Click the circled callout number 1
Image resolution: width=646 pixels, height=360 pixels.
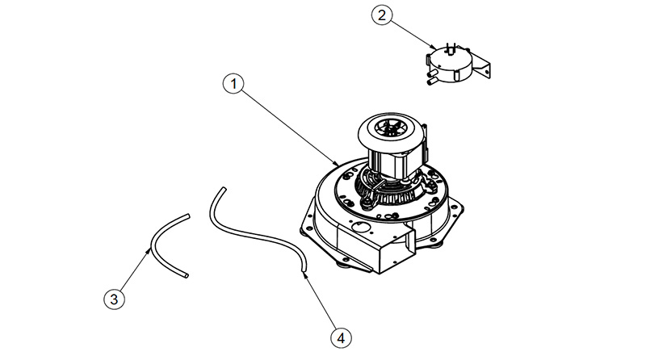233,83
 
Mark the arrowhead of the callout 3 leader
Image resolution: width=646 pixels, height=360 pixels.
150,249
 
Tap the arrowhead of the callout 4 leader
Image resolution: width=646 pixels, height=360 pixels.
304,273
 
